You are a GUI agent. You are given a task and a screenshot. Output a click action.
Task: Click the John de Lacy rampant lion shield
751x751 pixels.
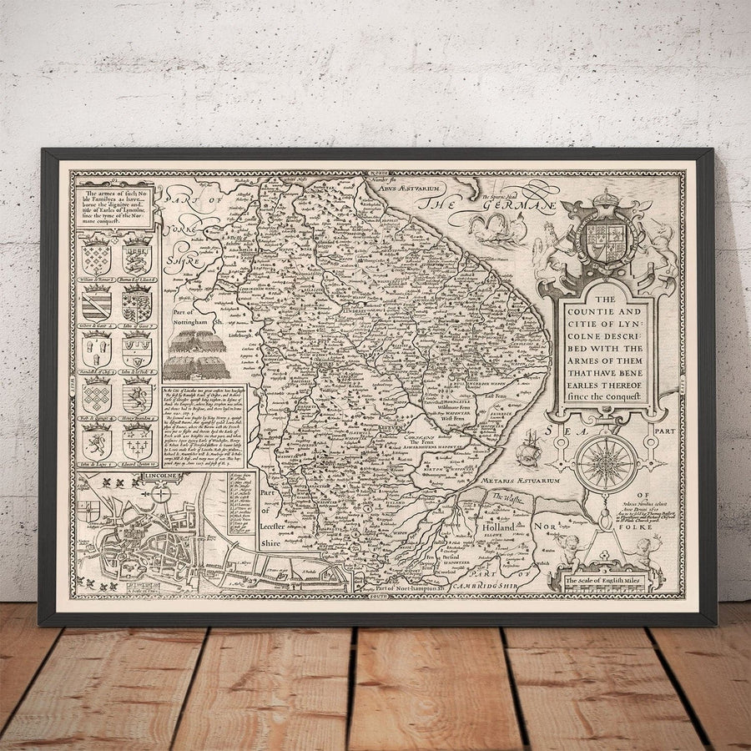[97, 437]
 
